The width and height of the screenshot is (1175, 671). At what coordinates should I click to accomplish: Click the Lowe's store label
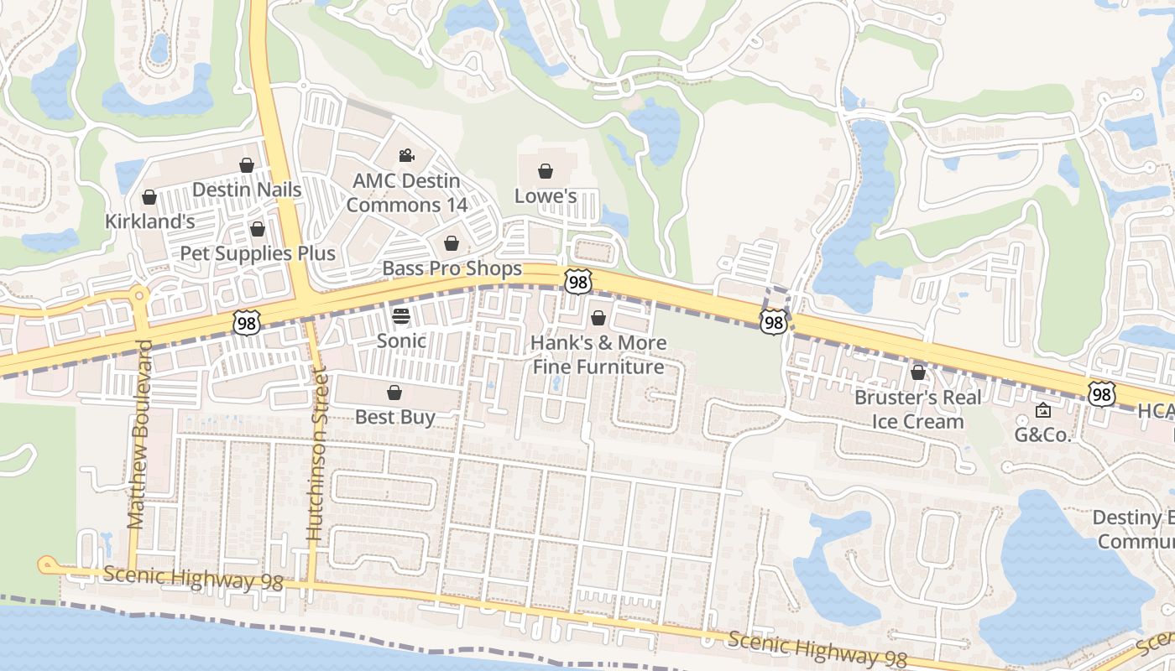pyautogui.click(x=545, y=195)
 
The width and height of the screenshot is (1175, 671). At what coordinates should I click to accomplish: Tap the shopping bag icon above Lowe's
pyautogui.click(x=546, y=171)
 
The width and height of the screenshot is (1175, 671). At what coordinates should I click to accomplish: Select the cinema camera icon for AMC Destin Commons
pyautogui.click(x=406, y=155)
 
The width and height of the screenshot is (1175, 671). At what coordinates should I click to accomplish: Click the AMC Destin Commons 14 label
pyautogui.click(x=406, y=193)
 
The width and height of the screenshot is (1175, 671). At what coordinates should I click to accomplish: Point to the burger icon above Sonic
pyautogui.click(x=401, y=316)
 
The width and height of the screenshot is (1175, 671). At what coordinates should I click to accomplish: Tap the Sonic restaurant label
pyautogui.click(x=401, y=341)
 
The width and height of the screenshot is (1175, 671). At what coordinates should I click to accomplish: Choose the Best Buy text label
pyautogui.click(x=394, y=417)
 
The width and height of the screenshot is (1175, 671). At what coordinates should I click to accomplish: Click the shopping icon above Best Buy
pyautogui.click(x=394, y=393)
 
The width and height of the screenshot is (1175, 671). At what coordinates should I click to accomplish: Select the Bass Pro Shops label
pyautogui.click(x=452, y=268)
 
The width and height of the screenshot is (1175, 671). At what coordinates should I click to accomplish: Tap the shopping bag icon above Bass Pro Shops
pyautogui.click(x=452, y=243)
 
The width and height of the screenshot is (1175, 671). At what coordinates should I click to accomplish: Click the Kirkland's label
pyautogui.click(x=149, y=221)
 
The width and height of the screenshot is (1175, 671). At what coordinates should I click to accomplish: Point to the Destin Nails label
pyautogui.click(x=247, y=190)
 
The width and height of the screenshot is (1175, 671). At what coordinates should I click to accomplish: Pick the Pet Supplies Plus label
pyautogui.click(x=258, y=253)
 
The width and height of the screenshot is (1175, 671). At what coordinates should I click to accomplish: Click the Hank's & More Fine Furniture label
pyautogui.click(x=598, y=355)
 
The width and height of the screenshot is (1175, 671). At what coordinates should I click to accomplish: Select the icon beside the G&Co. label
pyautogui.click(x=1042, y=410)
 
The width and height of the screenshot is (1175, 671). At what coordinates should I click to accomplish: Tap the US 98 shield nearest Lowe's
pyautogui.click(x=577, y=282)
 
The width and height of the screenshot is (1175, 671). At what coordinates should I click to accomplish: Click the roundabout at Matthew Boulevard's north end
pyautogui.click(x=138, y=294)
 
